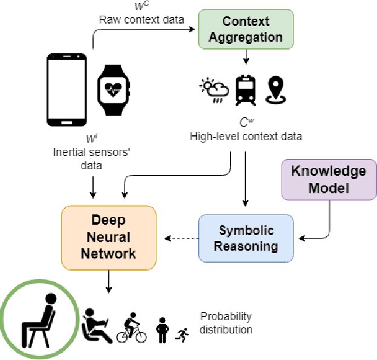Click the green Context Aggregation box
click(245, 29)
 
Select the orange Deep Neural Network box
click(109, 236)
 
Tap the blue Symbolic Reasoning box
click(246, 238)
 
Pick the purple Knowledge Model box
click(329, 179)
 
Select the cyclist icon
click(132, 328)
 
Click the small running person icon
click(182, 333)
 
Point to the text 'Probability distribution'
click(227, 323)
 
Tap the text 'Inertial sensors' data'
click(91, 158)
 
